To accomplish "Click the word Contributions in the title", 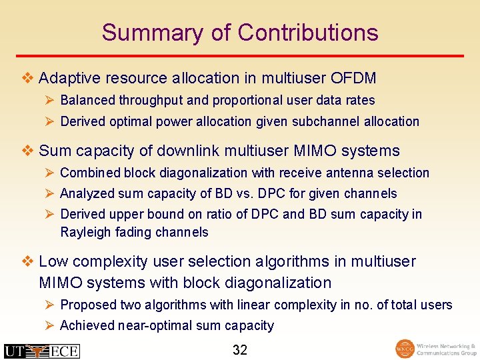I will coord(308,33).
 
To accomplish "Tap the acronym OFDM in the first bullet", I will coord(353,79).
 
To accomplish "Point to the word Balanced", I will coord(87,101).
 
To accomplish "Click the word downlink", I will coord(199,151).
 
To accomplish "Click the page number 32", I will coord(240,350).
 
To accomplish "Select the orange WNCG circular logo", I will coord(404,349).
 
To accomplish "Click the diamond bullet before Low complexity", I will coord(27,261).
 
